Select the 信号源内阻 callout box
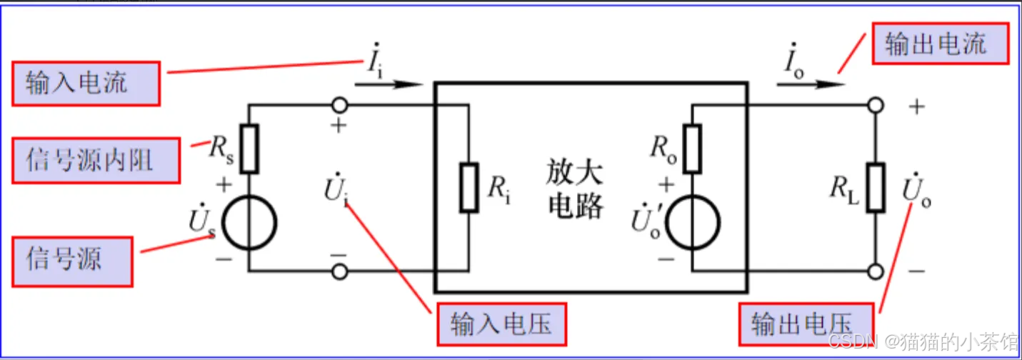pyautogui.click(x=96, y=160)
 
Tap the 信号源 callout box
pyautogui.click(x=72, y=259)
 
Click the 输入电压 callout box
pyautogui.click(x=502, y=325)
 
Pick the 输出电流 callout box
pyautogui.click(x=940, y=44)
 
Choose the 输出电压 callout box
pyautogui.click(x=805, y=325)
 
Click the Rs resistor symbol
pyautogui.click(x=249, y=149)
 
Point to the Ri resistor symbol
pyautogui.click(x=469, y=187)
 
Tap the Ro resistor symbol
pyautogui.click(x=691, y=149)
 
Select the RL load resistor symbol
pyautogui.click(x=876, y=187)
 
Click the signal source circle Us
pyautogui.click(x=249, y=224)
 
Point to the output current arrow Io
pyautogui.click(x=811, y=84)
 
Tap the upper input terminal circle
pyautogui.click(x=340, y=106)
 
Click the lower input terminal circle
pyautogui.click(x=340, y=271)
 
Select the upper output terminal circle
pyautogui.click(x=876, y=106)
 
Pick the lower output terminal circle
pyautogui.click(x=876, y=271)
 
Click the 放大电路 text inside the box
pyautogui.click(x=575, y=189)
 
